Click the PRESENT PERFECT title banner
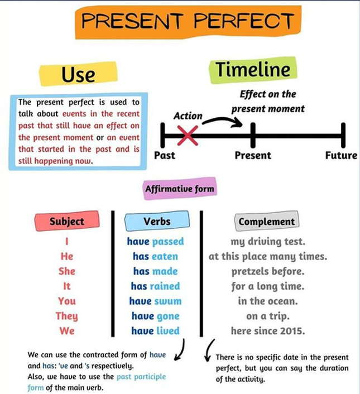188,22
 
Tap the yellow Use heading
78,74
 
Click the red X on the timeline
188,136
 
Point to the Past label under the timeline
165,155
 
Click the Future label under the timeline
341,155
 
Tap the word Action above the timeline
188,116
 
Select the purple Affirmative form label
180,189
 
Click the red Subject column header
67,221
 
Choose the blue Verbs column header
157,221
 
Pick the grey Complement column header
267,221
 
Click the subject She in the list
67,271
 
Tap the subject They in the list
67,316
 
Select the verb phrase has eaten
156,256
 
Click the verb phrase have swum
156,301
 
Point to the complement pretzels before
268,271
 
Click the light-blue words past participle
141,377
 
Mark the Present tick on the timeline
253,135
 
